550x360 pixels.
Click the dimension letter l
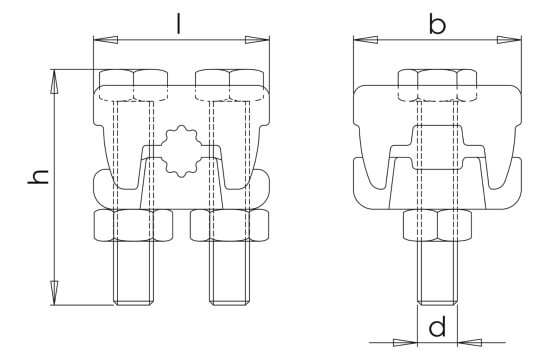pos(179,24)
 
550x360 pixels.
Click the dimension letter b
pos(437,25)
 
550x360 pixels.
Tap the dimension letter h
pos(38,177)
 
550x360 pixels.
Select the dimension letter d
pos(437,326)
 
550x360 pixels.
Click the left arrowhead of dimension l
pos(106,40)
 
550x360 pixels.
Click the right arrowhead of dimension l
pos(257,40)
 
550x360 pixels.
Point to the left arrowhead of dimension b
pos(366,40)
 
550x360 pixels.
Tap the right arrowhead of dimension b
pos(509,40)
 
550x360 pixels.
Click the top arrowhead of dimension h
pos(54,81)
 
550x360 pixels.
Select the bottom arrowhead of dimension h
pos(54,293)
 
